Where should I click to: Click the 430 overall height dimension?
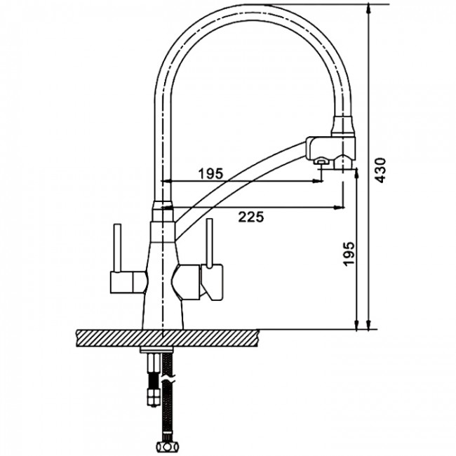pos(381,170)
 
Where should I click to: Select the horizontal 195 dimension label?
pos(210,173)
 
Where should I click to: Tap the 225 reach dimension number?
pos(251,217)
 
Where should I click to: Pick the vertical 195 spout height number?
pos(349,253)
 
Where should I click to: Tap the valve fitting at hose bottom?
pos(167,445)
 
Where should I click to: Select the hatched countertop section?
pos(167,338)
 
